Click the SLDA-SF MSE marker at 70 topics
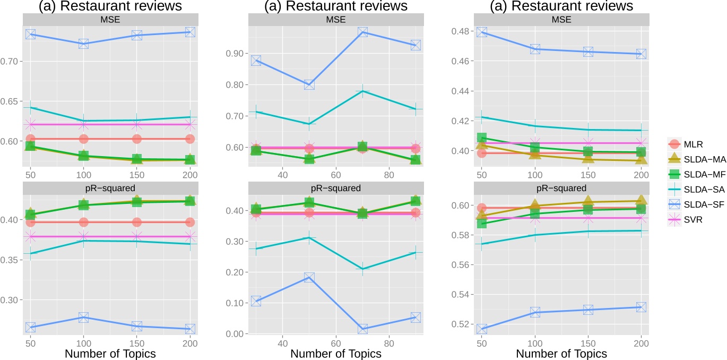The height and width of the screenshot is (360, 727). pos(362,32)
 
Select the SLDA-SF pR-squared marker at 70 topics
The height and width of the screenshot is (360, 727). pos(362,329)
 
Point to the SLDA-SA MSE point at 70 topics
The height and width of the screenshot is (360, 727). pos(362,91)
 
